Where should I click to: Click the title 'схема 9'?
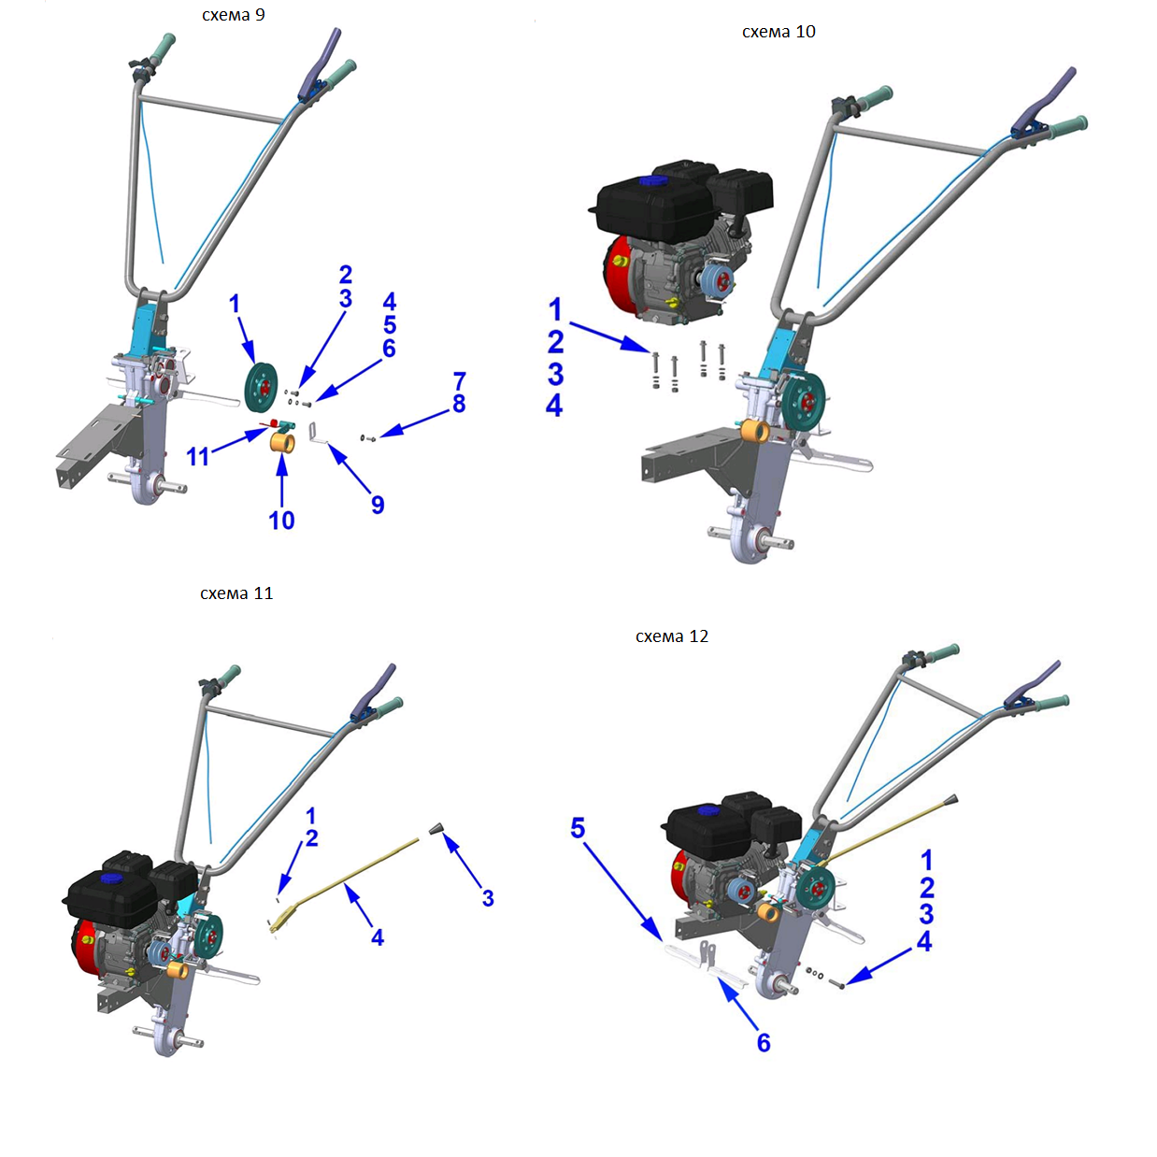(233, 15)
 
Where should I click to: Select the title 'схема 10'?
(778, 32)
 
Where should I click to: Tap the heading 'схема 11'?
(236, 593)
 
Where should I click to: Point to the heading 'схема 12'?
(672, 636)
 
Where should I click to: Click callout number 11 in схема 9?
(197, 457)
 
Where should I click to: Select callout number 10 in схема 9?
(281, 521)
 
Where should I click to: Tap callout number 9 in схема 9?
(378, 505)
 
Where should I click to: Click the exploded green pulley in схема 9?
(262, 388)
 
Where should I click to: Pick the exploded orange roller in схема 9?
(282, 443)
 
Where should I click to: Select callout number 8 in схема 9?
(459, 404)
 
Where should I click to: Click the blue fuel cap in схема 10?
(649, 180)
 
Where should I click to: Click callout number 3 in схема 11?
(488, 898)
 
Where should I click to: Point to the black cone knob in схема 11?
(436, 829)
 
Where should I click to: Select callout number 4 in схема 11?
(377, 937)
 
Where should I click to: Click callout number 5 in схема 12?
(578, 828)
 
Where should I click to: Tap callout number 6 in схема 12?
(764, 1043)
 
